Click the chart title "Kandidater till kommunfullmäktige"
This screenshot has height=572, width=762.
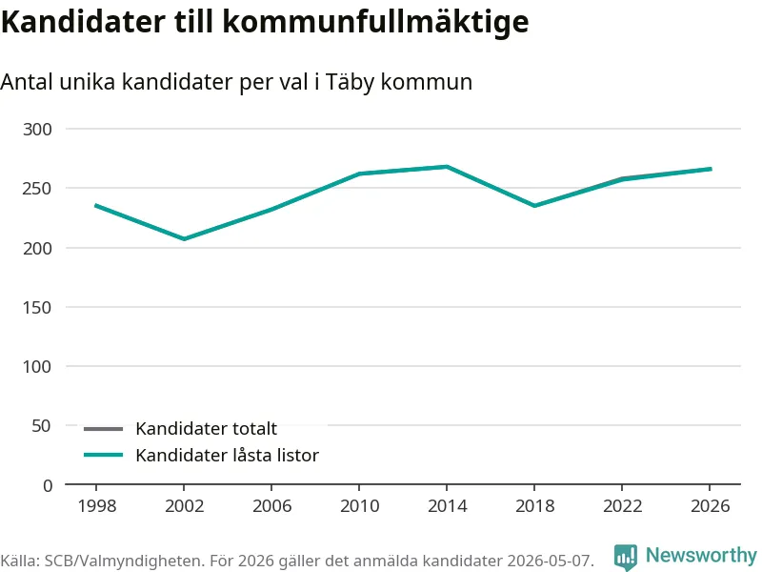tap(265, 22)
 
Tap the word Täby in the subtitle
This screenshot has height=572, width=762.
tap(350, 82)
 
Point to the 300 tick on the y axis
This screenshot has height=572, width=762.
tap(37, 130)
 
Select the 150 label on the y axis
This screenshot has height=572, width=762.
tap(37, 307)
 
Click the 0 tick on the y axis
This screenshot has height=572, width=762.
tap(48, 485)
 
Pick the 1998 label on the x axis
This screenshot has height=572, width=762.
tap(97, 506)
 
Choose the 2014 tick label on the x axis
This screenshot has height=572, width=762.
tap(447, 506)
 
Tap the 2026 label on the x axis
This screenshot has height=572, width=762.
tap(710, 506)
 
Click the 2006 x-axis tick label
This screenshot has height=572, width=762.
tap(271, 506)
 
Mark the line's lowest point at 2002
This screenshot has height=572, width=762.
tap(184, 239)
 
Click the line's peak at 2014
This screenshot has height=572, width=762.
tap(447, 167)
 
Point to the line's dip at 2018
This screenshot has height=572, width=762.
tap(534, 206)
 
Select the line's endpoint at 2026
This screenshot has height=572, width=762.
tap(711, 169)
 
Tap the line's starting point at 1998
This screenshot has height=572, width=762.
tap(96, 205)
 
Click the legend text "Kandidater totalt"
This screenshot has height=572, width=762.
tap(206, 428)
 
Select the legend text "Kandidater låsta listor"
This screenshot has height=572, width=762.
tap(227, 456)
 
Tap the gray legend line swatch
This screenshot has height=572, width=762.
tap(103, 428)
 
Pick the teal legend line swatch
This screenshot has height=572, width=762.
tap(103, 456)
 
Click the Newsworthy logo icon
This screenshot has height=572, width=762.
tap(626, 557)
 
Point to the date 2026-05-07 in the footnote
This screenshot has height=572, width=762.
tap(548, 561)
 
